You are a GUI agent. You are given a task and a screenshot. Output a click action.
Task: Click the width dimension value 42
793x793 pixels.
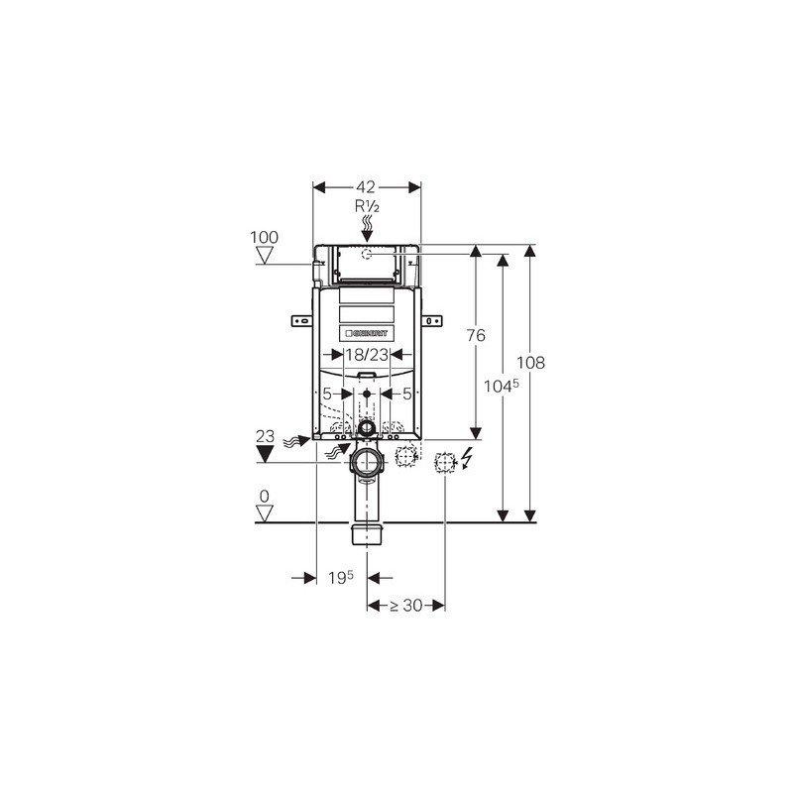point(367,186)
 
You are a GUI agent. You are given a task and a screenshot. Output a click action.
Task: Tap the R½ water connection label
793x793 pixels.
point(368,206)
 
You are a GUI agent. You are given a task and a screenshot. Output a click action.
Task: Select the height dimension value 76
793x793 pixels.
point(476,336)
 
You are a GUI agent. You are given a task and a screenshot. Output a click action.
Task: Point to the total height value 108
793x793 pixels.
point(532,363)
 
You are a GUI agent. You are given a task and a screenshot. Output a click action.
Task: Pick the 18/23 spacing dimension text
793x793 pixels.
point(366,354)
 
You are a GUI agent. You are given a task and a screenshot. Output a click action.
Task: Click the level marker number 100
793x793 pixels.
point(265,237)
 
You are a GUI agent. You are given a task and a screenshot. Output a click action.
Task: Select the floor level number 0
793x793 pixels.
point(265,495)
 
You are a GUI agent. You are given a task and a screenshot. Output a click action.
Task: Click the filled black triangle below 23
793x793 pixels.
point(265,454)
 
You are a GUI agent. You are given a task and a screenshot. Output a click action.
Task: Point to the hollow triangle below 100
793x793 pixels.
point(265,256)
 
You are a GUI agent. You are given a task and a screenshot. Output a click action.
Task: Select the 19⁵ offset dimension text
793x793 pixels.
point(341,577)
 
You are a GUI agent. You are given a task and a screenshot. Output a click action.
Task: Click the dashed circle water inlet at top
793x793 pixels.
point(368,255)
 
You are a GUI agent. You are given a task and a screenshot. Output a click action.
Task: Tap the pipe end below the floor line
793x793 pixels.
point(368,536)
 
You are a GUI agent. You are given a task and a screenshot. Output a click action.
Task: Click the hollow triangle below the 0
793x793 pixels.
point(265,512)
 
